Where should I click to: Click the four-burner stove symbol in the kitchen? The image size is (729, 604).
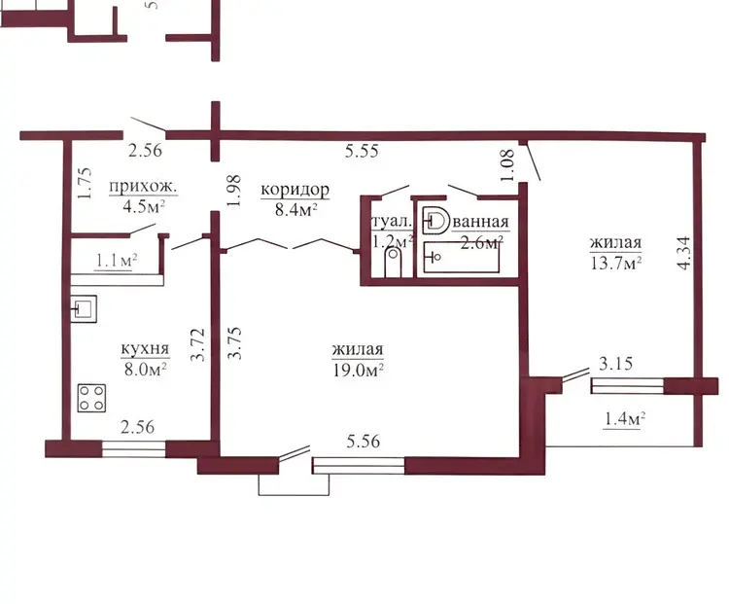(x=91, y=398)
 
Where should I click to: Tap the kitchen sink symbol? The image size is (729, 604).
(x=84, y=309)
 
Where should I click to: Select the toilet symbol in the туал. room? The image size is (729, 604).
(x=394, y=263)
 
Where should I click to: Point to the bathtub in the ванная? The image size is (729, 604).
(x=461, y=258)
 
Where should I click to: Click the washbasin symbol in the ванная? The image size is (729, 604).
(x=435, y=219)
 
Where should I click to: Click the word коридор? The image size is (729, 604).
(x=295, y=190)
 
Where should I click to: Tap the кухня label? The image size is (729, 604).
(x=145, y=348)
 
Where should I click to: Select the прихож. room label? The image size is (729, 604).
(x=143, y=187)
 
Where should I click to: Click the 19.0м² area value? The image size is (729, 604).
(x=358, y=370)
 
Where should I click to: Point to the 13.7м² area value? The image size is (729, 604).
(x=616, y=264)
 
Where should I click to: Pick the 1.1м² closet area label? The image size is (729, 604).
(x=116, y=261)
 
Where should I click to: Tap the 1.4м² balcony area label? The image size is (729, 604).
(x=623, y=419)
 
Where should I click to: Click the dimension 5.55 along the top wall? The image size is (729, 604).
(x=362, y=151)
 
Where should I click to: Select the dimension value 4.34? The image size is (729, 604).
(x=684, y=253)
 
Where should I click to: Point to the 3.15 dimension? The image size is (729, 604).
(x=615, y=363)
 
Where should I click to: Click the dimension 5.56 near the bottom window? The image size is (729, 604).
(x=364, y=441)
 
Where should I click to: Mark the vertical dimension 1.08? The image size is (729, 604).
(x=507, y=164)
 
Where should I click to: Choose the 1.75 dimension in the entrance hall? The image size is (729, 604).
(x=85, y=184)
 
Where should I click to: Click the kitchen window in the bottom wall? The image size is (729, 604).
(x=134, y=448)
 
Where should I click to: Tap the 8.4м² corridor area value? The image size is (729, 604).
(x=295, y=210)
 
